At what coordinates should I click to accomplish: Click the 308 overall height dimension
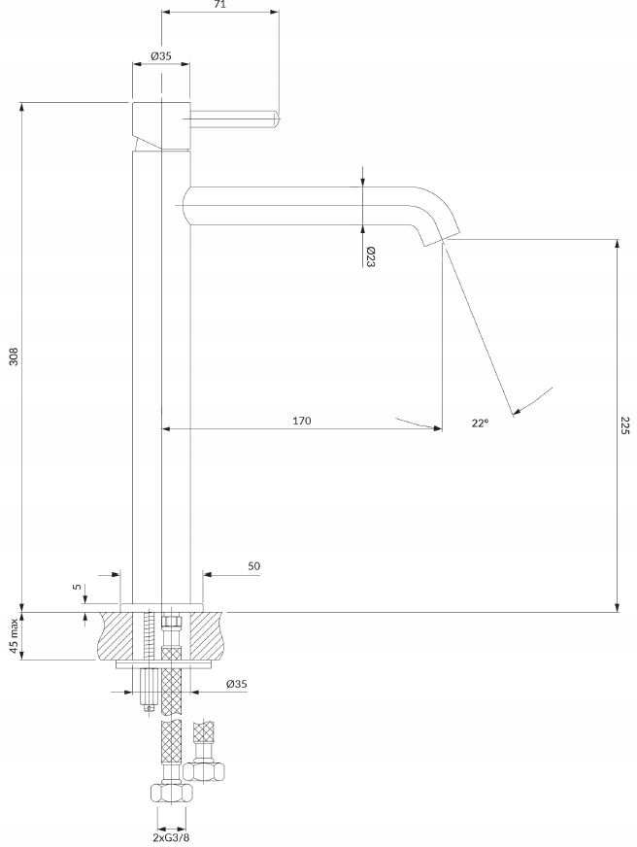point(15,356)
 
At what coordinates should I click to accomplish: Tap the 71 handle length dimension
point(219,4)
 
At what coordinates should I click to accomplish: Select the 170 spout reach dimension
point(302,421)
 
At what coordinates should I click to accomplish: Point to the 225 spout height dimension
point(624,426)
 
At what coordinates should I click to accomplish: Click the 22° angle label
point(480,423)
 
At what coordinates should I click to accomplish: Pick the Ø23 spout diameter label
point(370,257)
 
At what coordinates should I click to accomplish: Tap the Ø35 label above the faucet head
point(161,55)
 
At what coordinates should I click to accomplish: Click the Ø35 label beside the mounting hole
point(236,684)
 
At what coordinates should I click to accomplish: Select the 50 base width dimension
point(253,566)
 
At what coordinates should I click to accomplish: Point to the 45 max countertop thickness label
point(15,636)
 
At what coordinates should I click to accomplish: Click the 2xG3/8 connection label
point(171,838)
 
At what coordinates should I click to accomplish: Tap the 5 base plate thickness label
point(77,587)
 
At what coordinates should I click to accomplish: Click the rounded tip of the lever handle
point(276,119)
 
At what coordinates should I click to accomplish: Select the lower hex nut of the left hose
point(171,793)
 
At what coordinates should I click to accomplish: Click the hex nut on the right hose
point(204,771)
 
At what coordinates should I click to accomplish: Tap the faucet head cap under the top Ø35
point(161,126)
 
